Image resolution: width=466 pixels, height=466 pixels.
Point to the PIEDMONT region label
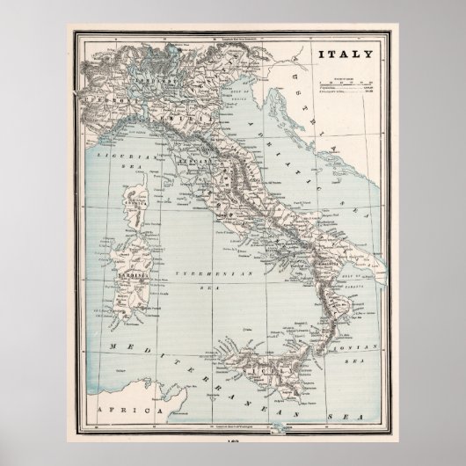(x=106, y=102)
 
